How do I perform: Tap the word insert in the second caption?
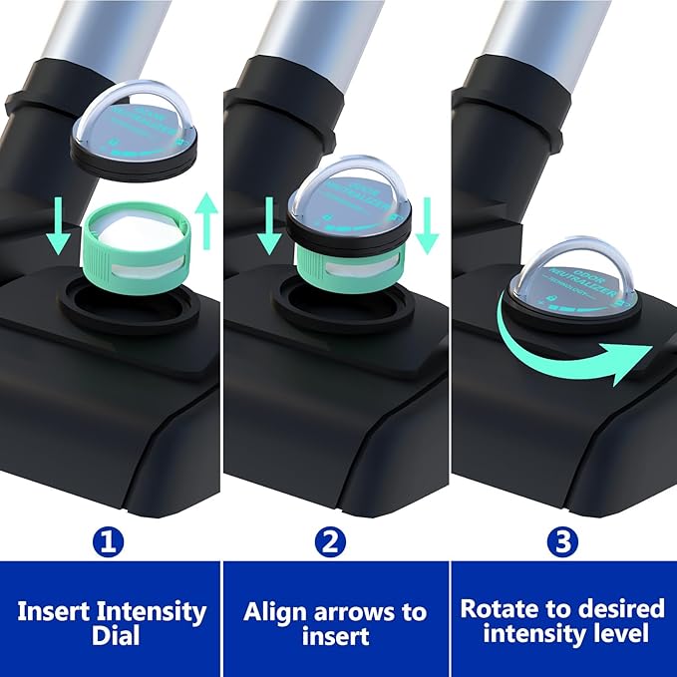(335, 636)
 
